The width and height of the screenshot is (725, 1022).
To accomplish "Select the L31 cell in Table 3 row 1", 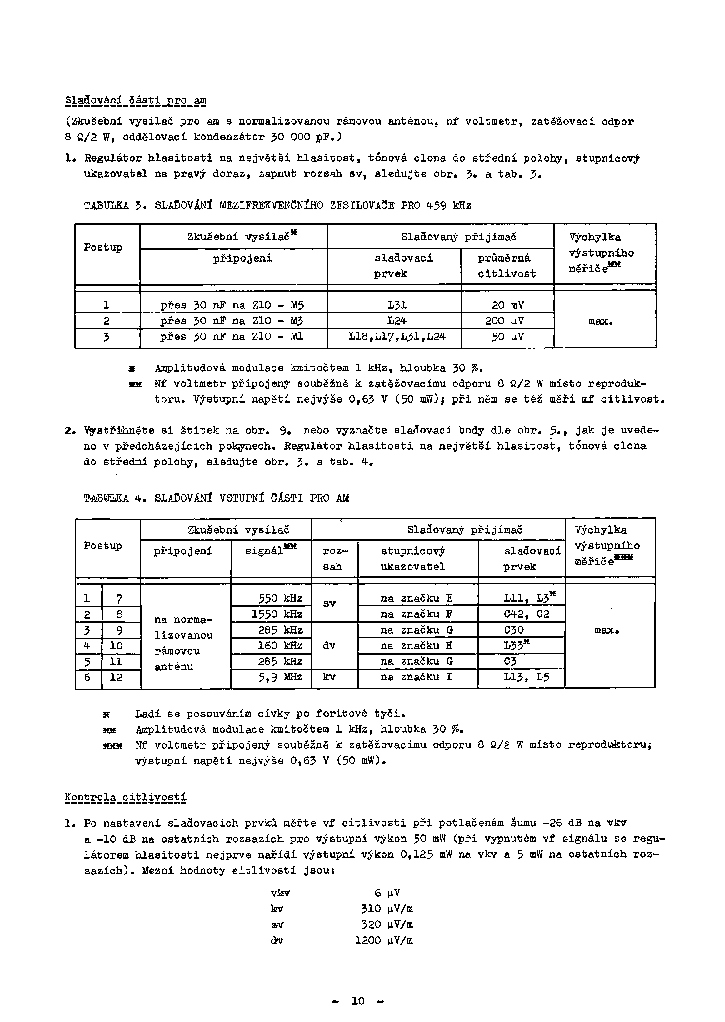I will click(397, 305).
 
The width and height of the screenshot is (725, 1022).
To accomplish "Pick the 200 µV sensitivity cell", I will click(507, 321).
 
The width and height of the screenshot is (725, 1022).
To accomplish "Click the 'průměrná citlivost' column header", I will click(507, 266).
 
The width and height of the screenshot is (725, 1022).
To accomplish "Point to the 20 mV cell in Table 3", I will click(507, 305).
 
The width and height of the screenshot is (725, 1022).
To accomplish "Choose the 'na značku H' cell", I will click(417, 646).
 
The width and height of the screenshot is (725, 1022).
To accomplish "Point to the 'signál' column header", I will click(271, 551).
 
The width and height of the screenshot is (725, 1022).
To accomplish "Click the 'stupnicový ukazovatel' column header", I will click(412, 559).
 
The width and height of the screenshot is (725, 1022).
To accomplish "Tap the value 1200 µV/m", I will click(383, 941).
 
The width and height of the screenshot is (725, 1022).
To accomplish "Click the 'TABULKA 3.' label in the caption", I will click(112, 206).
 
